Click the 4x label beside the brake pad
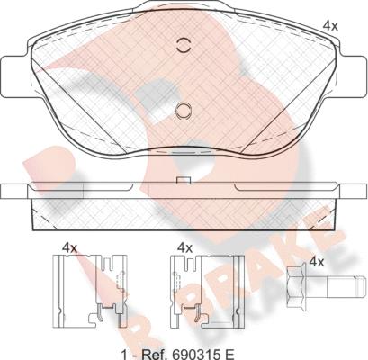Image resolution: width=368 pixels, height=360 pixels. [x=330, y=26]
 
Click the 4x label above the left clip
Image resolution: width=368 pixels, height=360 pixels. [x=69, y=248]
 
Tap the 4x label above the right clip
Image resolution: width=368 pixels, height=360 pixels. [x=184, y=248]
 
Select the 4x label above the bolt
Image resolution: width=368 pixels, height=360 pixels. [x=317, y=262]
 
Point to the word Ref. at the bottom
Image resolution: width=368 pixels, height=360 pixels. [x=156, y=355]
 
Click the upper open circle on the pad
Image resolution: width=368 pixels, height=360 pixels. [x=184, y=46]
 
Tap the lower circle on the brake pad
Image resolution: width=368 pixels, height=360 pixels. [x=183, y=111]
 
